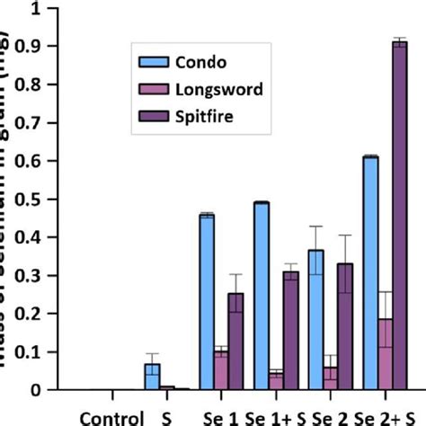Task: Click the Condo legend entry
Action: (180, 62)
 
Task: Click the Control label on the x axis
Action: (111, 417)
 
